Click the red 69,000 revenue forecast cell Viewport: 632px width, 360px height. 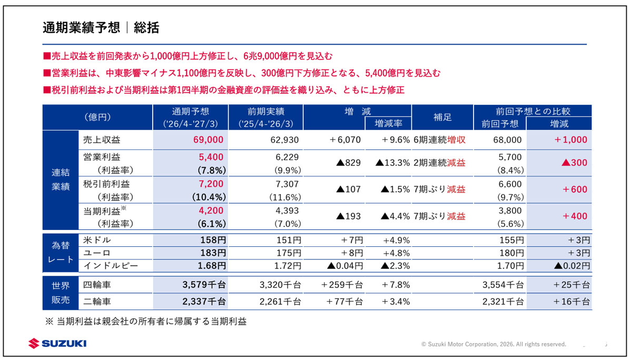[x=208, y=140]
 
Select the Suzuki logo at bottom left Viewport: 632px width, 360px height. [x=57, y=343]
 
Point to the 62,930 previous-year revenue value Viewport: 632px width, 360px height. [x=284, y=140]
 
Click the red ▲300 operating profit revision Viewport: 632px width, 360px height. [x=574, y=163]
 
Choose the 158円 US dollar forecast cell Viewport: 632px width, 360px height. [x=213, y=240]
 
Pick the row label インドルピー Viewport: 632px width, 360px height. [x=111, y=266]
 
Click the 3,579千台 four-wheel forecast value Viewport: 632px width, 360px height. [x=204, y=285]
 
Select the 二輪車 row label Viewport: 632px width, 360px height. [x=97, y=302]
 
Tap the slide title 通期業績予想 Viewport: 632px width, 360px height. [x=82, y=27]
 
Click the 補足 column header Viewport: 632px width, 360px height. [x=442, y=117]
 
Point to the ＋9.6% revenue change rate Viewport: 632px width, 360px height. [x=396, y=140]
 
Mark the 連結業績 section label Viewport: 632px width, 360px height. [x=61, y=179]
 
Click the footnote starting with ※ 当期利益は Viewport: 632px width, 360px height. [x=146, y=322]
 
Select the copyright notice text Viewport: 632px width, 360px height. [x=493, y=344]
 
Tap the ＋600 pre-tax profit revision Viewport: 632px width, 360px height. [x=575, y=189]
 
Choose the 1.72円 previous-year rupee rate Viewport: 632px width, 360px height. [x=288, y=266]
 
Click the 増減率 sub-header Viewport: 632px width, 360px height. [x=389, y=124]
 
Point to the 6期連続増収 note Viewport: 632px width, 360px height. [x=439, y=140]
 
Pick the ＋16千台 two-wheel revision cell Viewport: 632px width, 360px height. [x=571, y=302]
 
